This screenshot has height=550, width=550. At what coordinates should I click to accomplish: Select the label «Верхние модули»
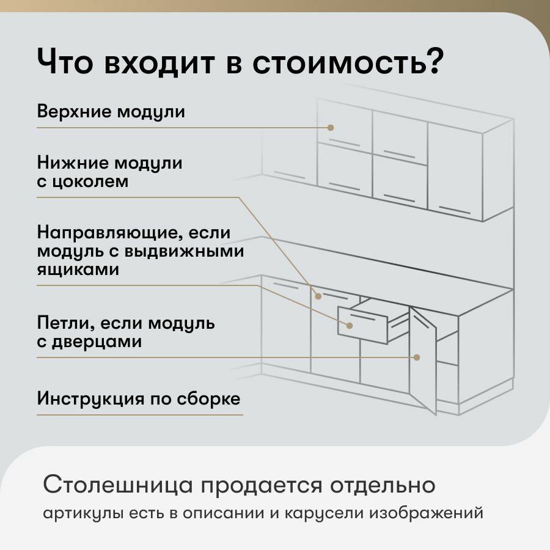[x=111, y=112]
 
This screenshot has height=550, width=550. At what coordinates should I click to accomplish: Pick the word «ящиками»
[x=78, y=269]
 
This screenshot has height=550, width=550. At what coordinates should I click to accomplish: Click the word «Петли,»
[x=65, y=323]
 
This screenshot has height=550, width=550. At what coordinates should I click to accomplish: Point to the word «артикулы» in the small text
[x=76, y=512]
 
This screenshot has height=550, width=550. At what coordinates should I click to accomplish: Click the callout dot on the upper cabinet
[x=330, y=128]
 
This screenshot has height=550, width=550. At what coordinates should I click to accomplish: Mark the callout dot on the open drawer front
[x=349, y=326]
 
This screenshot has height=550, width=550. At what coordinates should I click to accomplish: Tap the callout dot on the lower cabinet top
[x=318, y=296]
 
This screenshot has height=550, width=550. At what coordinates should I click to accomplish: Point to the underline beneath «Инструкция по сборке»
[x=139, y=416]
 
